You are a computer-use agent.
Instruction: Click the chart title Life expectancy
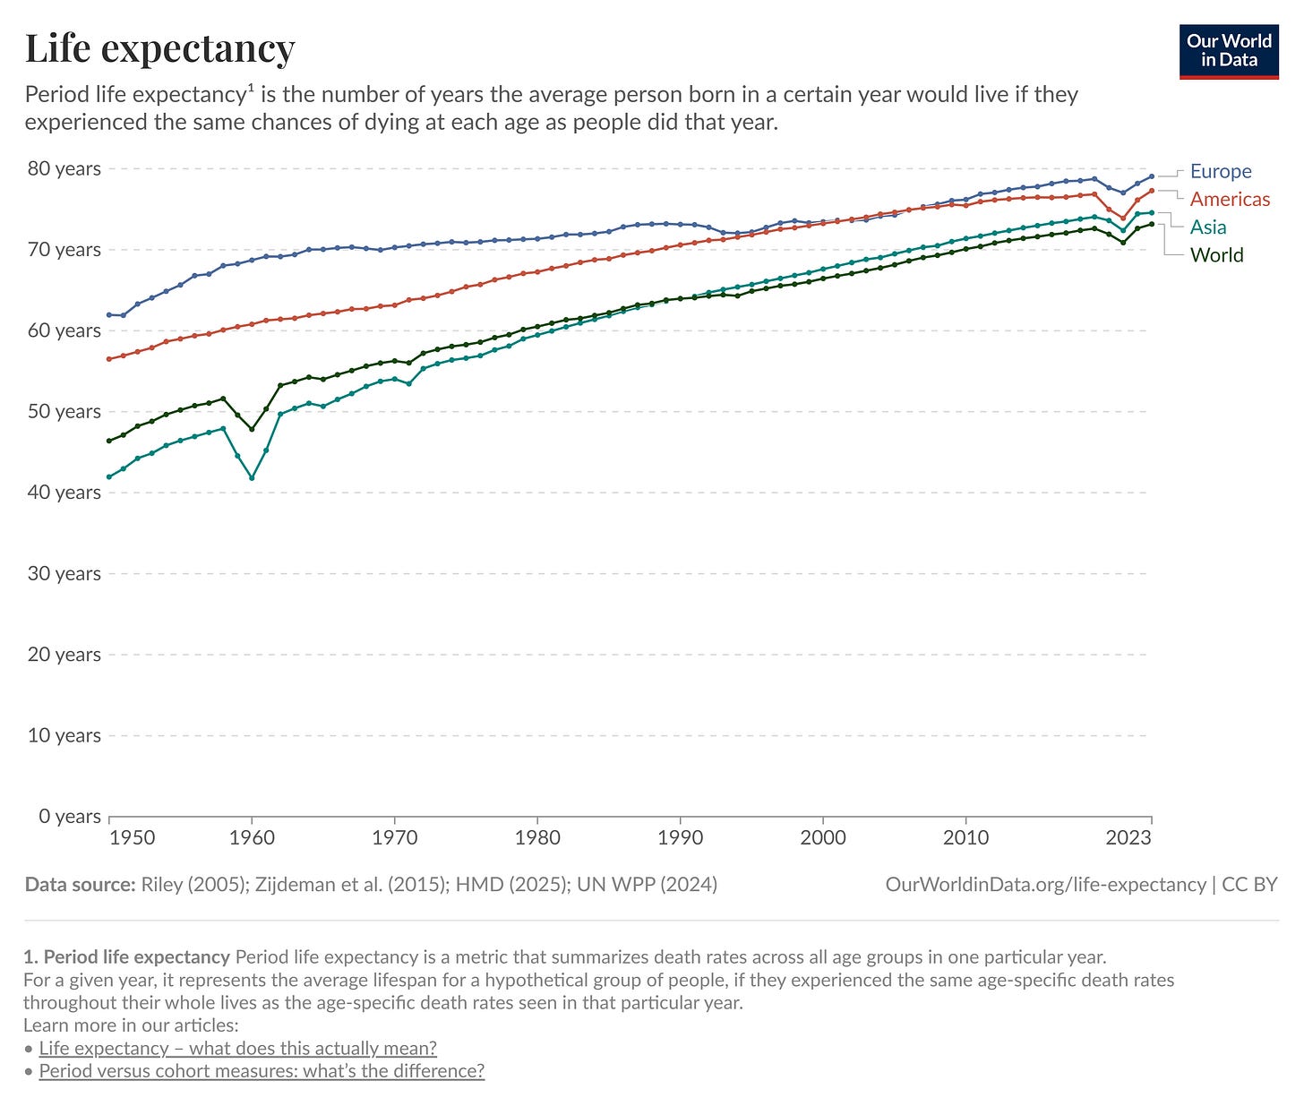[x=159, y=48]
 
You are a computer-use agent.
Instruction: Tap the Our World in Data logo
[x=1229, y=52]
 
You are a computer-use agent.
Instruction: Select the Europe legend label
[x=1220, y=171]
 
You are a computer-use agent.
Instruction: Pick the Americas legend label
[x=1230, y=199]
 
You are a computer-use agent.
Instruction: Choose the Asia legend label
[x=1207, y=227]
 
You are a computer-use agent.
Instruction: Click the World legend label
[x=1216, y=255]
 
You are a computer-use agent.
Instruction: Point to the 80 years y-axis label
[x=64, y=168]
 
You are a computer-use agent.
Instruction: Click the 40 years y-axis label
[x=64, y=492]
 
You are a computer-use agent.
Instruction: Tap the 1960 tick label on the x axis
[x=252, y=838]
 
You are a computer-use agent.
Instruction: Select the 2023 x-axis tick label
[x=1128, y=838]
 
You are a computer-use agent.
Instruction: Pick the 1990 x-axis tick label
[x=680, y=838]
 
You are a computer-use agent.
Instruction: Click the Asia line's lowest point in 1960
[x=252, y=477]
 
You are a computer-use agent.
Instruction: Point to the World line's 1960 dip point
[x=252, y=429]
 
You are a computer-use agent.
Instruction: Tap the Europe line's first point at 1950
[x=109, y=314]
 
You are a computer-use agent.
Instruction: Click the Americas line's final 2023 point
[x=1152, y=191]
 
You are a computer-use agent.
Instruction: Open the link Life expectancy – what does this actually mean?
[x=237, y=1048]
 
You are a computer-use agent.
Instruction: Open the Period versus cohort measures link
[x=262, y=1071]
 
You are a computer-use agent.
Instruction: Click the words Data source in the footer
[x=80, y=885]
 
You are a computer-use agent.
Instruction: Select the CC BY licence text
[x=1249, y=885]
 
